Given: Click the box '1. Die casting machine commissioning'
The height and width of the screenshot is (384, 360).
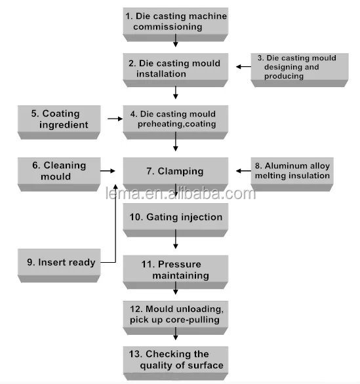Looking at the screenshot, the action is (176, 24).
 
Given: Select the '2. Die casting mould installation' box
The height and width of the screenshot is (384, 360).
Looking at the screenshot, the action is (176, 70).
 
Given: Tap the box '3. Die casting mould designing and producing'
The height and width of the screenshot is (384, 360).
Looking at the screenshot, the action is (300, 70).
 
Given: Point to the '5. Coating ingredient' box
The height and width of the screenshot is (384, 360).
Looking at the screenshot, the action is (59, 122).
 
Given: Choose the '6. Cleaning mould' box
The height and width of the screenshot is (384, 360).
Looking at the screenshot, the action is (59, 174).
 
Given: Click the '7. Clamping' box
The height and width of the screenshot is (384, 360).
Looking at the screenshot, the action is (176, 174).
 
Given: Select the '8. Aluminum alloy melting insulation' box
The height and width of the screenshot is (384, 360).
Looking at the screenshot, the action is (292, 174).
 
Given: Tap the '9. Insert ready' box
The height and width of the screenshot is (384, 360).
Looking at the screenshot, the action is (59, 265).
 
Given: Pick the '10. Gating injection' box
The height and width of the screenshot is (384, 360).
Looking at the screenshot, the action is (176, 220).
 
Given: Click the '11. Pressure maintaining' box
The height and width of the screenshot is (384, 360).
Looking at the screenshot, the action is (176, 272).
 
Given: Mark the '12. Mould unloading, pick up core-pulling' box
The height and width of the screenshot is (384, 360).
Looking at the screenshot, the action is (176, 318).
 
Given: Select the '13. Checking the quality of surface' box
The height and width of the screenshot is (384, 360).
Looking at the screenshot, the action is (176, 363).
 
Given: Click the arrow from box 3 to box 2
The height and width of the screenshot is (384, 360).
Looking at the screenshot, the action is (243, 66).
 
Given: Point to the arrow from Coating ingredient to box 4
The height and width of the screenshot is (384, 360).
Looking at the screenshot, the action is (115, 119).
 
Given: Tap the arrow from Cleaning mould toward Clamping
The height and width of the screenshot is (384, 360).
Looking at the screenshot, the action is (108, 170).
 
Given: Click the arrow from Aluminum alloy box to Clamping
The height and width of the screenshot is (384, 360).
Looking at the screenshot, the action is (243, 170).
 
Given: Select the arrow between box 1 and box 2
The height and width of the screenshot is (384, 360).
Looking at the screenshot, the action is (176, 41).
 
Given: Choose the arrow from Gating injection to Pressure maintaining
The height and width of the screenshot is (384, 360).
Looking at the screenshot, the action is (176, 239).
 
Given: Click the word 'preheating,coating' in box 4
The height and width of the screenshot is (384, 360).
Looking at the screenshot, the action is (176, 124).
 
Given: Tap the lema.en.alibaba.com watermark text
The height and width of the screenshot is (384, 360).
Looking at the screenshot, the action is (180, 193).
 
